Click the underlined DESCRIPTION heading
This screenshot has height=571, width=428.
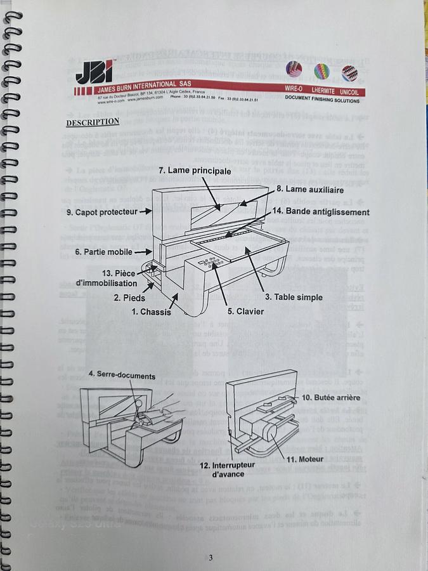point(93,122)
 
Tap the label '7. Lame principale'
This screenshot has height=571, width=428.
point(195,171)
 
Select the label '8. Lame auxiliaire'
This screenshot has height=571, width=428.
point(310,189)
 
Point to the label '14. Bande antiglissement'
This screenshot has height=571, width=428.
point(321,211)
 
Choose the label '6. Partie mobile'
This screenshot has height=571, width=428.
point(103,252)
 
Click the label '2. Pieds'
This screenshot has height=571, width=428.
point(129,297)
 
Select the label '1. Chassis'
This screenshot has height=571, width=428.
point(152,312)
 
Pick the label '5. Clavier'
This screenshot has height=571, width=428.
point(245,311)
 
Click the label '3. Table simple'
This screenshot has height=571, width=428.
point(294,297)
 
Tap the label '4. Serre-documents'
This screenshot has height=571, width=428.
point(122,376)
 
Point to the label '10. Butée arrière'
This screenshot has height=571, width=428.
point(331,397)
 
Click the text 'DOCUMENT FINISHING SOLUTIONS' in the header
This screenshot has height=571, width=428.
point(321,99)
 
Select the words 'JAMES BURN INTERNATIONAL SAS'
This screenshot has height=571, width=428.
point(136,85)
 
